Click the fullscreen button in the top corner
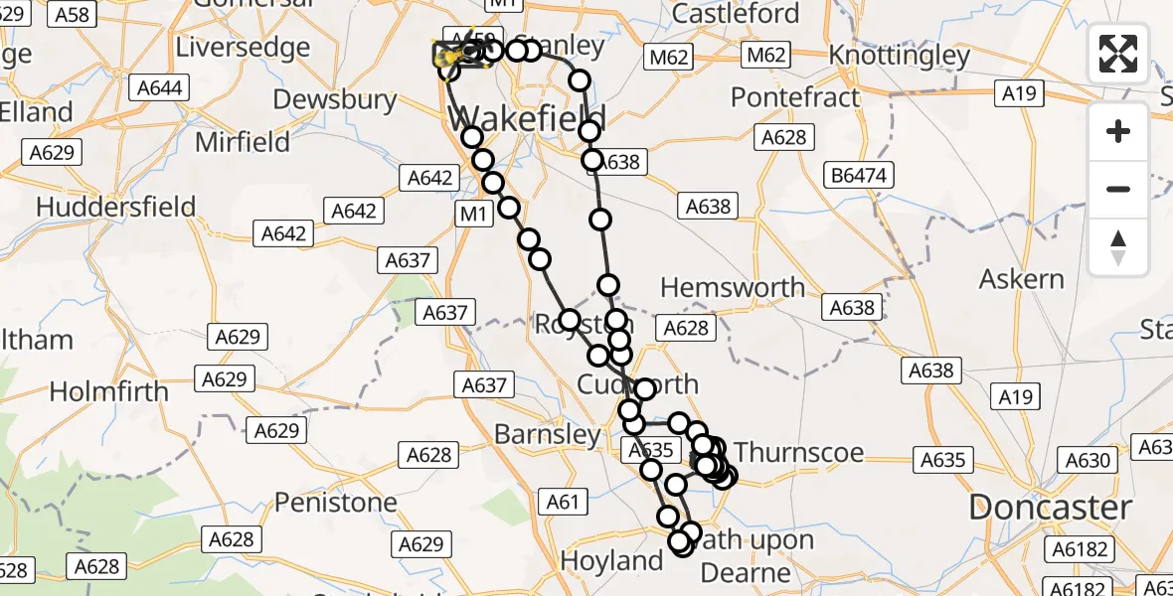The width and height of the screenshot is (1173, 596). click(1118, 54)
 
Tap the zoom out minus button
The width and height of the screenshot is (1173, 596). click(1118, 189)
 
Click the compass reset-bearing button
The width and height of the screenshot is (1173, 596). click(1118, 247)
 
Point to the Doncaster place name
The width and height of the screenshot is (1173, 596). click(1050, 508)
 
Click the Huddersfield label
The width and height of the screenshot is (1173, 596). click(116, 208)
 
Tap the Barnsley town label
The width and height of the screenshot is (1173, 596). click(548, 434)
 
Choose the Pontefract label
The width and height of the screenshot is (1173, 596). click(795, 97)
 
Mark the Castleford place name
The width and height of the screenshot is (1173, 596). click(736, 14)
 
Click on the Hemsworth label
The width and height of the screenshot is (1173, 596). click(733, 288)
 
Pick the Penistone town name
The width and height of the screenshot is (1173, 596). click(336, 503)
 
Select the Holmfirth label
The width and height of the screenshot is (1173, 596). click(109, 391)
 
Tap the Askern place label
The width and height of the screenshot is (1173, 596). click(1021, 279)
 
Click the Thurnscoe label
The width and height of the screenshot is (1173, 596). click(799, 453)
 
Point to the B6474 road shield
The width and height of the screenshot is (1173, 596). click(861, 177)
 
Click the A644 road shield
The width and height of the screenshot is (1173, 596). click(160, 88)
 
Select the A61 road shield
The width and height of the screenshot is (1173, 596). click(563, 503)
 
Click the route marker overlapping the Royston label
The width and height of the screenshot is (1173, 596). click(570, 320)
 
